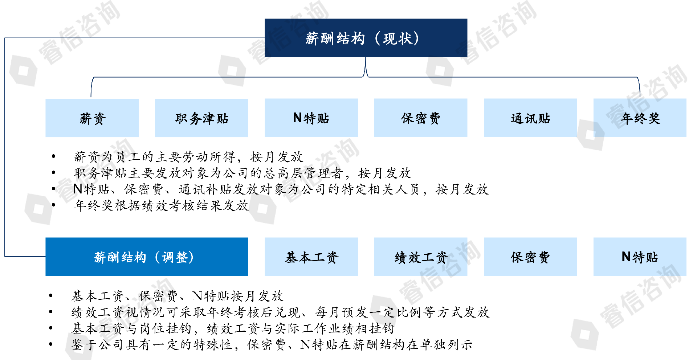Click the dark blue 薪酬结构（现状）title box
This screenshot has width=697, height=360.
coord(366,38)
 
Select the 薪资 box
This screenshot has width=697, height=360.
coord(92,118)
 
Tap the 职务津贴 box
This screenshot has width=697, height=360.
coord(201,118)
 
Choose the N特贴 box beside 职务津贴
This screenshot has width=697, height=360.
coord(311,118)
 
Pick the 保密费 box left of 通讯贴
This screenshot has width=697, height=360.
coord(420,118)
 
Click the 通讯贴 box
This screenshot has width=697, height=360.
coord(530,118)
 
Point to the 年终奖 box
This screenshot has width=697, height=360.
coord(640,118)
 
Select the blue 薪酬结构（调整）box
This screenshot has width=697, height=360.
coord(147,257)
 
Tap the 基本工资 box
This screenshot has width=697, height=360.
coord(311,257)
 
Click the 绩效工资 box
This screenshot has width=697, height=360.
coord(420,257)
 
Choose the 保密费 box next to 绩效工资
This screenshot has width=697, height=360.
coord(530,257)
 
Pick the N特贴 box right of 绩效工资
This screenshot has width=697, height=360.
coord(640,257)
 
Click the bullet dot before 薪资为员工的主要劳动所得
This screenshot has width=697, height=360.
coord(54,156)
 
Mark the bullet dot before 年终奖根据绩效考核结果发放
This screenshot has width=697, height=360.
coord(54,205)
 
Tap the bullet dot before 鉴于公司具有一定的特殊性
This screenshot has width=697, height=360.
coord(51,344)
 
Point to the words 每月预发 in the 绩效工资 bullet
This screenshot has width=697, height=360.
coord(342,312)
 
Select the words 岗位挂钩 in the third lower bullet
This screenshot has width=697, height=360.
coord(166,328)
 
